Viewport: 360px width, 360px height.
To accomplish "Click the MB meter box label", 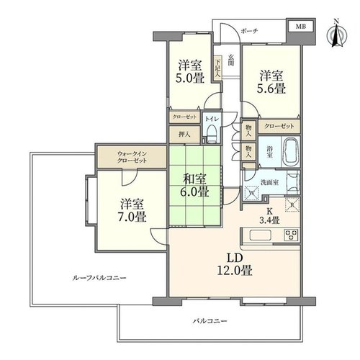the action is pos(300,27).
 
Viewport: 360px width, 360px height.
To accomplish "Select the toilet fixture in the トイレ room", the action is pos(212,135).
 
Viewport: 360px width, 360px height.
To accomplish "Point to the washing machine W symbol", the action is pos(252,193).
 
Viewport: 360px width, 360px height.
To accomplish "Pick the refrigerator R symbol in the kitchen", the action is pos(292,205).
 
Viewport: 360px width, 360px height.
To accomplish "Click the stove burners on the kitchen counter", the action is pos(292,235).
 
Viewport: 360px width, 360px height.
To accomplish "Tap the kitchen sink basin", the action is pos(261,235).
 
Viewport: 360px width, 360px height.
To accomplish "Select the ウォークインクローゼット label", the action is pos(132,157).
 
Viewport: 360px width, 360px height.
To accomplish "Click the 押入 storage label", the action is pos(184,135).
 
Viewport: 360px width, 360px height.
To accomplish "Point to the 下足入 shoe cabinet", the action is pos(217,68).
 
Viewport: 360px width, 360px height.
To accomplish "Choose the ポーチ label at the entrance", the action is pos(249,31).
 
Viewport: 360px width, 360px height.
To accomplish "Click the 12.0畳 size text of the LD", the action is pos(235,271).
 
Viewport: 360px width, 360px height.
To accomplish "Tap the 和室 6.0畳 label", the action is pos(194,186).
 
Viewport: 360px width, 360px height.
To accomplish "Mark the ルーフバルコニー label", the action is pos(99,278).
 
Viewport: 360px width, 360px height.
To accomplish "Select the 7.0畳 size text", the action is pos(132,217).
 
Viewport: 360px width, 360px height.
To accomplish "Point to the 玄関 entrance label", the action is pos(231,60).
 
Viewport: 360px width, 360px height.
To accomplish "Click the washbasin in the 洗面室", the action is pos(293,182).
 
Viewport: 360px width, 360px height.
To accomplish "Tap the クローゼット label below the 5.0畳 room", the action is pos(184,117).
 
